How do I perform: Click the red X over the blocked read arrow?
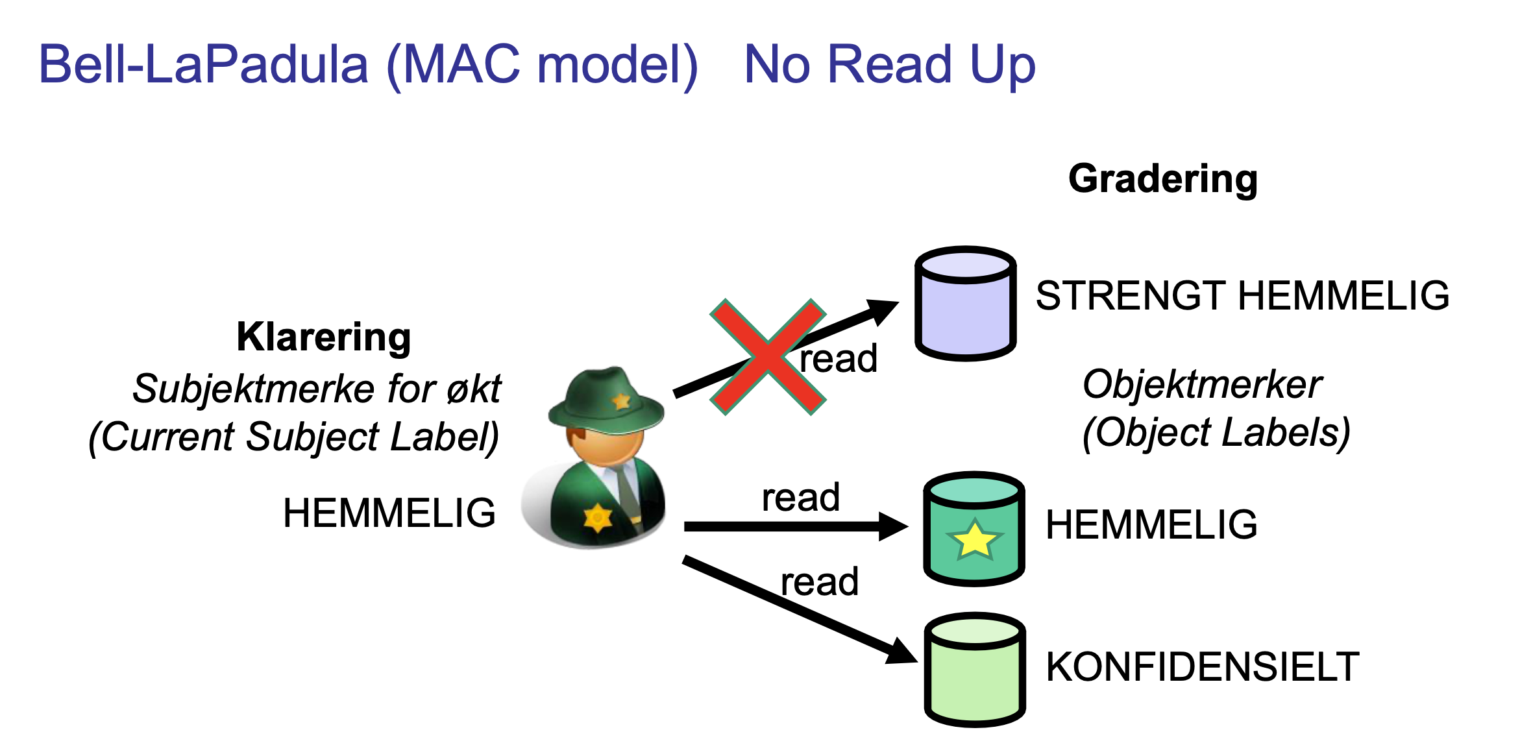[768, 357]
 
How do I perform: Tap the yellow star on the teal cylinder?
[974, 539]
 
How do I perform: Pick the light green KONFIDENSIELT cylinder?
[974, 670]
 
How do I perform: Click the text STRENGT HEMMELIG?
[1242, 296]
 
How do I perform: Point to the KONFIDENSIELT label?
[1202, 667]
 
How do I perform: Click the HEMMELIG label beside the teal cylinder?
[1151, 524]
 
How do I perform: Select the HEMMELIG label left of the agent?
[389, 513]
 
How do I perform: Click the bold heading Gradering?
[1162, 179]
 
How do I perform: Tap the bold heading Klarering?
[323, 337]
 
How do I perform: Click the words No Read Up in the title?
[889, 65]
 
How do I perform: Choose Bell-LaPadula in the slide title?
[204, 65]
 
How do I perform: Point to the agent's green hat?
[606, 398]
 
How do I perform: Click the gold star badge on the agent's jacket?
[598, 518]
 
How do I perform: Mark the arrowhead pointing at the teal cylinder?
[894, 526]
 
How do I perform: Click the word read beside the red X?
[838, 359]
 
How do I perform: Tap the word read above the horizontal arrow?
[800, 498]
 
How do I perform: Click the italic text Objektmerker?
[1201, 385]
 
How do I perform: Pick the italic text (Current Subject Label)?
[294, 437]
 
